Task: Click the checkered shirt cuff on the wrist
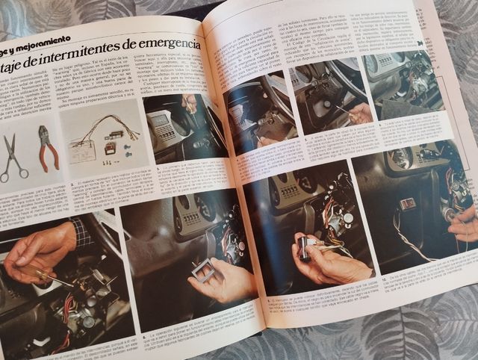(81, 233)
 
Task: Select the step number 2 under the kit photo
(72, 184)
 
